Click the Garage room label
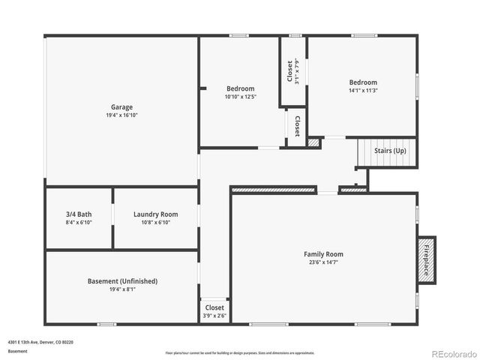coord(122,107)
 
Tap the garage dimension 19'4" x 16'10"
coord(122,115)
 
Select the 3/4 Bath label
coord(78,214)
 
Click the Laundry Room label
coord(155,214)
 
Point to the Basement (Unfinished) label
coord(122,281)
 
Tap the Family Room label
coord(323,254)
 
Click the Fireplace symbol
coord(426,260)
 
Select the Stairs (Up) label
coord(390,151)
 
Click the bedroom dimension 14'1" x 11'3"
coord(362,91)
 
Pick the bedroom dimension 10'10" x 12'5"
coord(241,97)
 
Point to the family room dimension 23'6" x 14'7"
coord(323,262)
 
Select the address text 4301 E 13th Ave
coord(40,342)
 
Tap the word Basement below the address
coord(19,351)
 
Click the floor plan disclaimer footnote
coord(240,352)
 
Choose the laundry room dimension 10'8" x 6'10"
coord(155,223)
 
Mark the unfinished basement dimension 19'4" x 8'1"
coord(122,289)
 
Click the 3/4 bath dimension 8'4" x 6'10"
coord(78,223)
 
